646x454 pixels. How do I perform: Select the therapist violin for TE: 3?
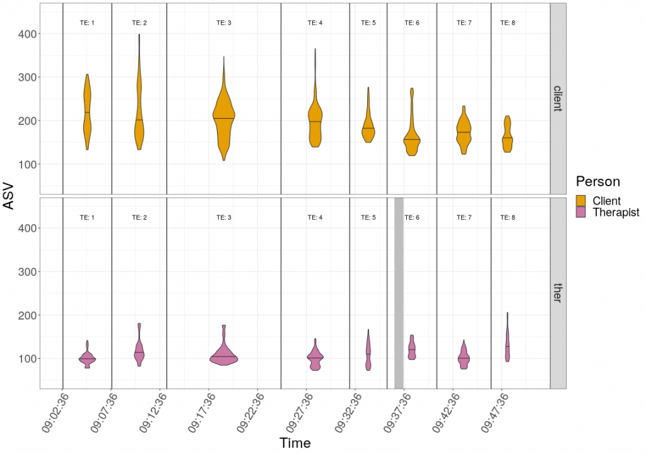pyautogui.click(x=224, y=358)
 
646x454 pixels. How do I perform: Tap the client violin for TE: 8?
pyautogui.click(x=507, y=136)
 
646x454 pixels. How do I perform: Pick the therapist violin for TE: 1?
pyautogui.click(x=87, y=359)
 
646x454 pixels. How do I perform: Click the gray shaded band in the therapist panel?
pyautogui.click(x=399, y=292)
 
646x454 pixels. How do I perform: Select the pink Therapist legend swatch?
pyautogui.click(x=581, y=212)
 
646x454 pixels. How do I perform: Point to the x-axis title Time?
pyautogui.click(x=295, y=443)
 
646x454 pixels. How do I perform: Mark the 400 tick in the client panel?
pyautogui.click(x=28, y=33)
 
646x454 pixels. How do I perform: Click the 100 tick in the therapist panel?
pyautogui.click(x=28, y=359)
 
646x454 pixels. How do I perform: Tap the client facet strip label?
pyautogui.click(x=558, y=99)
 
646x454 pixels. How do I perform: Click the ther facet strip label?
pyautogui.click(x=558, y=293)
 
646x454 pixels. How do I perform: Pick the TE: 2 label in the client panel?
pyautogui.click(x=139, y=23)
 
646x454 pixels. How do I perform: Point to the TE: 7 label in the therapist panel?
pyautogui.click(x=464, y=217)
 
